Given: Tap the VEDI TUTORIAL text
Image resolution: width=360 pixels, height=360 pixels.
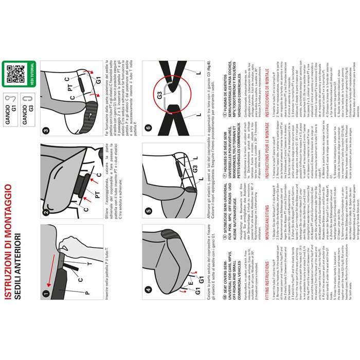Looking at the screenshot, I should [31, 71].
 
